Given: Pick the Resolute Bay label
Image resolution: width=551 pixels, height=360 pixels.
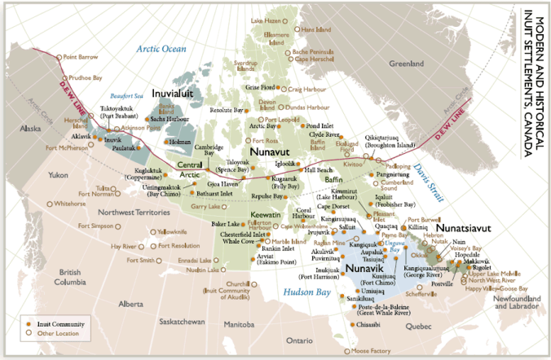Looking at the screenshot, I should pos(227,109).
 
